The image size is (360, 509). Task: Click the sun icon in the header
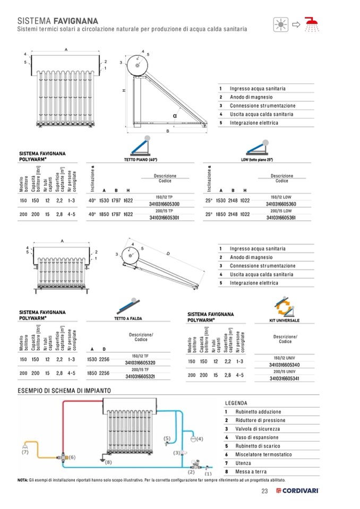280,24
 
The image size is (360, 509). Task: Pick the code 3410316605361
281,218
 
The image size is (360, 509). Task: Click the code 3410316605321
140,376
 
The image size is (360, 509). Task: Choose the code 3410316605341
285,378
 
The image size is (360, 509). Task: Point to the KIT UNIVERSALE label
285,321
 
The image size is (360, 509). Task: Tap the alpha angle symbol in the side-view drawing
174,115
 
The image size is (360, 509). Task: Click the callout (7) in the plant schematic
25,453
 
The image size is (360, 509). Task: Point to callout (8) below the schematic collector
109,462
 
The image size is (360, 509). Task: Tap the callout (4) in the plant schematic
199,439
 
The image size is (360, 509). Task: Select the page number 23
264,490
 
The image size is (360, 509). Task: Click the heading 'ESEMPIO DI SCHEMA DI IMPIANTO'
64,391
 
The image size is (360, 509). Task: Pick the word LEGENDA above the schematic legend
236,403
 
